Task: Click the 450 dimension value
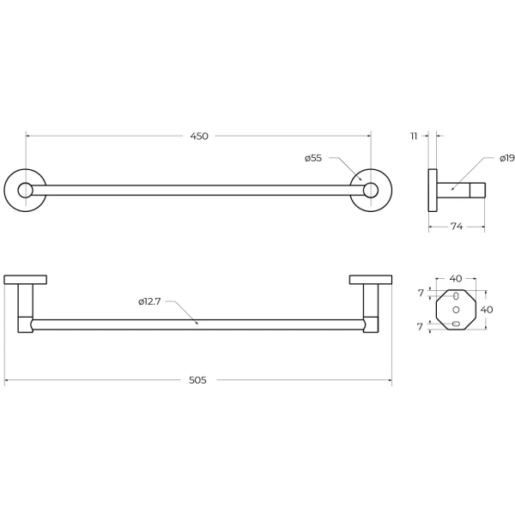tap(199, 136)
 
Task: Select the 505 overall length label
tap(197, 380)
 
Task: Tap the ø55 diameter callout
tap(313, 158)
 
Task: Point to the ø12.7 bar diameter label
tap(149, 301)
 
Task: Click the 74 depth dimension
tap(457, 227)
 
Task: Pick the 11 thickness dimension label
tap(414, 136)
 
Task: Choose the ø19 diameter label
tap(507, 158)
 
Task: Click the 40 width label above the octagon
tap(456, 278)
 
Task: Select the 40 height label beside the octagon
tap(487, 310)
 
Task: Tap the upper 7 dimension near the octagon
tap(421, 293)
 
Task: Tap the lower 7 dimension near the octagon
tap(420, 327)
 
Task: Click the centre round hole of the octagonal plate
tap(456, 309)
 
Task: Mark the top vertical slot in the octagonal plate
tap(456, 296)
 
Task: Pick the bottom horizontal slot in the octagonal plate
tap(456, 324)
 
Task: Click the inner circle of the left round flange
tap(25, 191)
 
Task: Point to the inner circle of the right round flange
tap(371, 191)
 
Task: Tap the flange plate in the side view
tap(433, 191)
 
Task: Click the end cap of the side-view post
tap(477, 191)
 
